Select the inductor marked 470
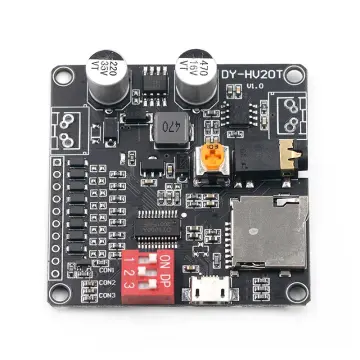point(167,128)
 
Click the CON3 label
point(107,295)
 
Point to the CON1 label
point(107,270)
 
